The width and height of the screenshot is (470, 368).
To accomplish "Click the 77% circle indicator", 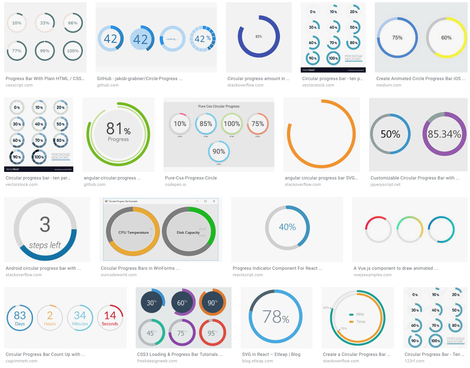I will (x=17, y=51).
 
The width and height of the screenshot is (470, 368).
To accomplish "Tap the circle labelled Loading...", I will (x=173, y=39).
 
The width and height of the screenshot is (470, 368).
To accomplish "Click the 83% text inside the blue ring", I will (x=258, y=37).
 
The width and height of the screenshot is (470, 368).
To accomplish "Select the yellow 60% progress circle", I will (x=446, y=38).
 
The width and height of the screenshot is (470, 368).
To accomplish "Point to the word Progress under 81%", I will (x=118, y=139).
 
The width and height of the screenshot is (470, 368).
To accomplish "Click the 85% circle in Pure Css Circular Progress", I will (x=206, y=124).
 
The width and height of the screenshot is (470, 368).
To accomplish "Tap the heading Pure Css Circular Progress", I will (x=219, y=107).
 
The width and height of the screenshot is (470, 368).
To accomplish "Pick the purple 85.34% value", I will (x=444, y=134).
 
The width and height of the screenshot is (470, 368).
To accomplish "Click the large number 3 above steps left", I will (x=45, y=224).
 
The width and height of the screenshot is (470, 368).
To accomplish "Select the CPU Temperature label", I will (x=133, y=233).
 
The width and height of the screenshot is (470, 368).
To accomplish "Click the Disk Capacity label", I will (x=188, y=233).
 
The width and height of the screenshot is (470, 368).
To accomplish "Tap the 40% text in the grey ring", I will (x=287, y=227).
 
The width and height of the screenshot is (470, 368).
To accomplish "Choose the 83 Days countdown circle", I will (x=20, y=318).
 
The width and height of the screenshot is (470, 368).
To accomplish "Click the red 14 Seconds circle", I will (x=110, y=318).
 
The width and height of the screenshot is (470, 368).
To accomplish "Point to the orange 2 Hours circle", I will (x=50, y=318).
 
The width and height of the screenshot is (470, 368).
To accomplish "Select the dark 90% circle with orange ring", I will (x=212, y=303).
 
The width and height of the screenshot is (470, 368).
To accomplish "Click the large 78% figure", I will (x=275, y=317).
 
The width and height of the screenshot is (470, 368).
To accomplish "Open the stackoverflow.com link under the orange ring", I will (x=303, y=185).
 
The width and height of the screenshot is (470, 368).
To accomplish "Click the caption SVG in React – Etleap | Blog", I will (x=271, y=354).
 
